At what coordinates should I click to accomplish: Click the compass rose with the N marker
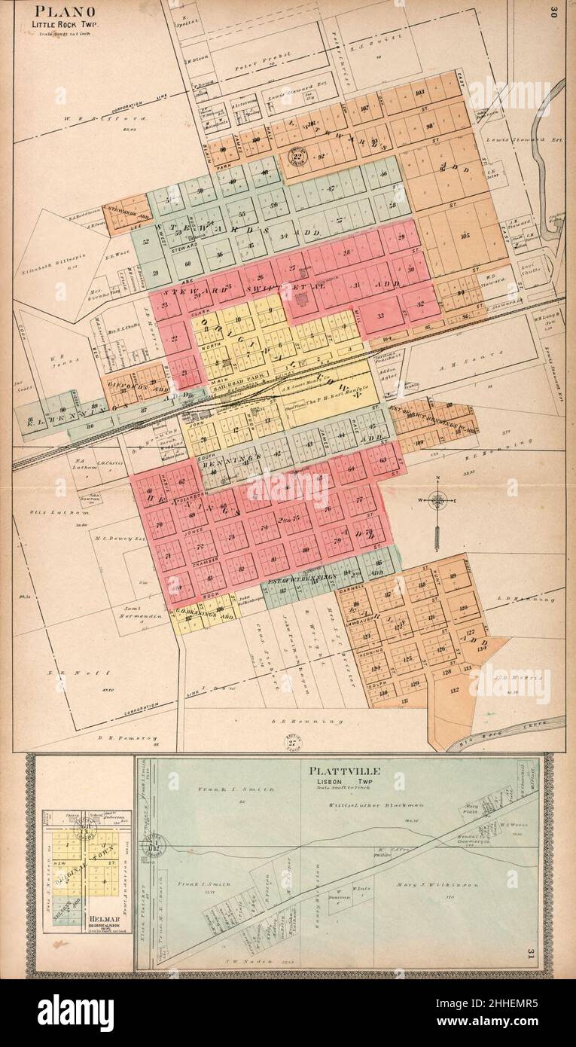coord(437,499)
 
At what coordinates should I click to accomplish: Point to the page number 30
coord(553,11)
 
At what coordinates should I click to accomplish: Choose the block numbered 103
coord(420,93)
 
